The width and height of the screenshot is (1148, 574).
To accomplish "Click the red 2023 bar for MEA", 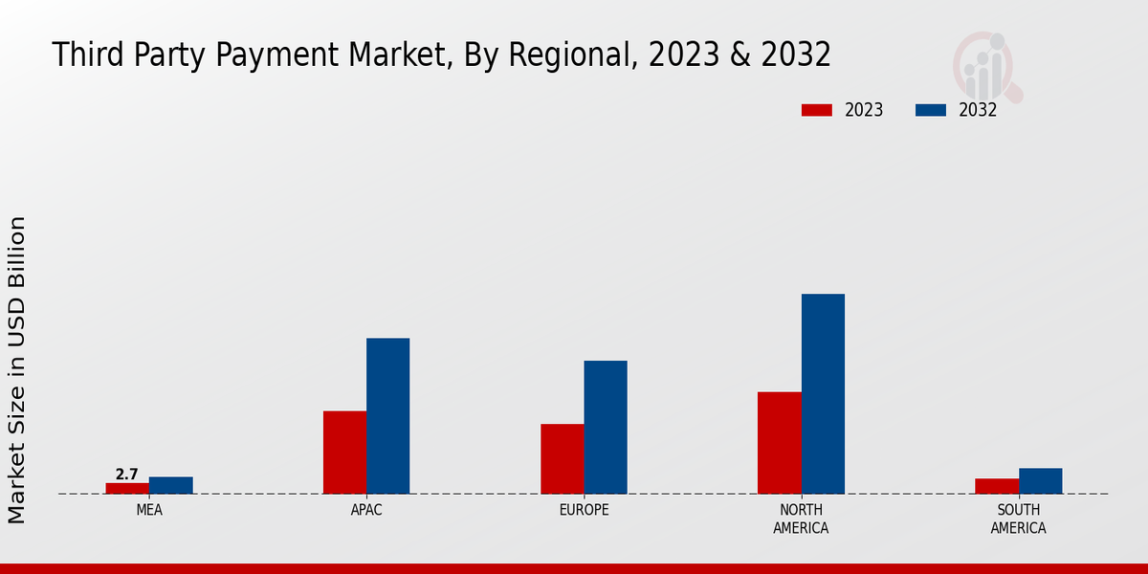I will (x=127, y=488).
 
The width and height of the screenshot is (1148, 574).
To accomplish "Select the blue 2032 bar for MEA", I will (x=170, y=485).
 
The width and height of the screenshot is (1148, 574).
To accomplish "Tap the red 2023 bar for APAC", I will (x=344, y=452).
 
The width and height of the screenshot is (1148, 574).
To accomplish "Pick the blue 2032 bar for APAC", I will (x=387, y=415).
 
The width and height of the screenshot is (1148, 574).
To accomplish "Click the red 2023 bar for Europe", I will (x=562, y=458).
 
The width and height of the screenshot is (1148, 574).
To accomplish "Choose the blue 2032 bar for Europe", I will (x=606, y=427).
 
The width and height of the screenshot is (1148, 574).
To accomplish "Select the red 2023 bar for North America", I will (x=779, y=442).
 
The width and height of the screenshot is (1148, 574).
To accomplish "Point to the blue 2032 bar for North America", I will (x=823, y=393).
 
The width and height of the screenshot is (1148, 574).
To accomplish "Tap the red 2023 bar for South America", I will (x=997, y=486).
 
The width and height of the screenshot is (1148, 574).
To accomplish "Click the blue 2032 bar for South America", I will (x=1040, y=480).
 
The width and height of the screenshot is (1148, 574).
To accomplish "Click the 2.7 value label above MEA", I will (x=126, y=475).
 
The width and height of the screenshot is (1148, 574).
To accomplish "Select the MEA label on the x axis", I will (x=149, y=510).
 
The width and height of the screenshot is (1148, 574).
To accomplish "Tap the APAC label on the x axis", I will (x=366, y=510).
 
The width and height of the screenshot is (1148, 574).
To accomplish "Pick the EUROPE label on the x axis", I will (x=584, y=510).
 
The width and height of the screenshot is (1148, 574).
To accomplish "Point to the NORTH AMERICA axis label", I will (x=801, y=519).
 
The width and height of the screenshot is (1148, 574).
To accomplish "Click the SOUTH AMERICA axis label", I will (x=1018, y=519).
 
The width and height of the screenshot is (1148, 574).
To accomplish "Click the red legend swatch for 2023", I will (x=816, y=110).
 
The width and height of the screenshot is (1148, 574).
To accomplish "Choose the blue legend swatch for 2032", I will (x=930, y=110).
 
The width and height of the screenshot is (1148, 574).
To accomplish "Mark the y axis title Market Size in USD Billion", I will (x=17, y=369).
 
